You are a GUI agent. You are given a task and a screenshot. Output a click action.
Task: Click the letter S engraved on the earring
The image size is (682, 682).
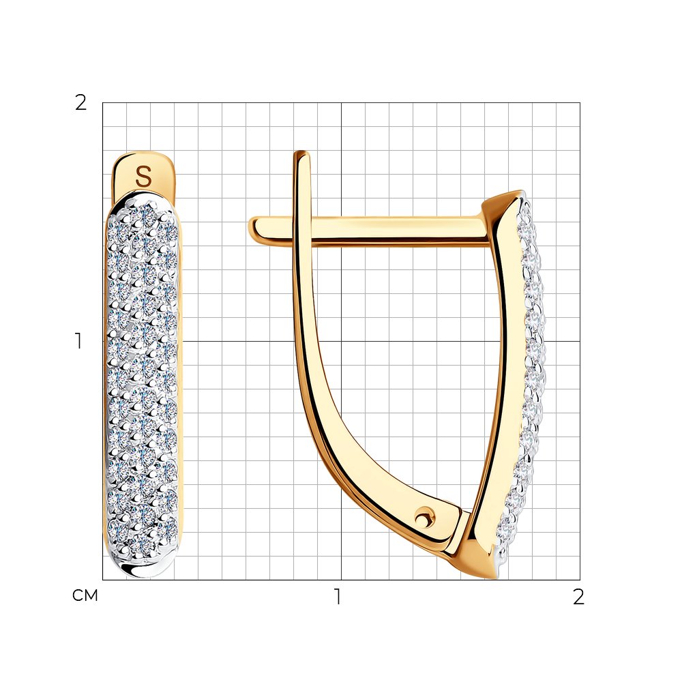[x=143, y=177]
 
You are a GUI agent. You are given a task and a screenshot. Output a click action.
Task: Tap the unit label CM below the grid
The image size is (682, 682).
[x=85, y=595]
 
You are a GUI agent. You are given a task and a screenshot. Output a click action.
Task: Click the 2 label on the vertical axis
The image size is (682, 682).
[x=81, y=103]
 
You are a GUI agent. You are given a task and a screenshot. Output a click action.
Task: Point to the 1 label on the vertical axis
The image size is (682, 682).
[x=78, y=341]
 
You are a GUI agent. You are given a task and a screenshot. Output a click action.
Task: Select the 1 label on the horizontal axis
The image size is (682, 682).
[x=338, y=597]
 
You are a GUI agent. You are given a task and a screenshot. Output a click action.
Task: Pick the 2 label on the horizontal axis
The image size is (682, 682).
[x=578, y=597]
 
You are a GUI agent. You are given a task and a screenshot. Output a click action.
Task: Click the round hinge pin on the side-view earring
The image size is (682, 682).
[x=422, y=518]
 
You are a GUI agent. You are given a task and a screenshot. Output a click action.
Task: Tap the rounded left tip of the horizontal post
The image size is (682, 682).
[x=252, y=228]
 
